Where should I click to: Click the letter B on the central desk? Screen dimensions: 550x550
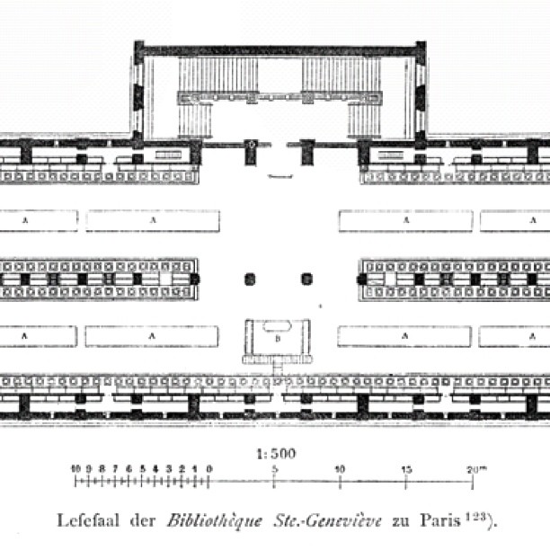[x=278, y=339]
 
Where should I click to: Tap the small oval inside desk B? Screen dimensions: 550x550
[x=277, y=326]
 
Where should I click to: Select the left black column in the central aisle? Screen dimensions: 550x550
[x=250, y=279]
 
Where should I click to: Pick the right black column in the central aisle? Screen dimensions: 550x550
[x=307, y=279]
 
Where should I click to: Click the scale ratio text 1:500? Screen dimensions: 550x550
[x=277, y=454]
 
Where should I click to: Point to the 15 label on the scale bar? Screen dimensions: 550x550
[x=406, y=469]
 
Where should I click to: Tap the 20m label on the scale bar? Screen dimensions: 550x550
[x=476, y=469]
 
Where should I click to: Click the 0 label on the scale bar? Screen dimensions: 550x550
[x=209, y=469]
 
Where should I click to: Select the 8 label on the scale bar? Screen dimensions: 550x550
[x=102, y=468]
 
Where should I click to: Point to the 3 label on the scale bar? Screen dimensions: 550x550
[x=169, y=468]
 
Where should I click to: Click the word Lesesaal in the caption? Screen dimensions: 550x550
[x=88, y=520]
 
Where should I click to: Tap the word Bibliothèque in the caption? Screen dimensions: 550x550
[x=215, y=521]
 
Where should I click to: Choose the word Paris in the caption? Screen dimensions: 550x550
[x=440, y=520]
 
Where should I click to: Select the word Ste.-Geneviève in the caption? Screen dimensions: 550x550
[x=328, y=521]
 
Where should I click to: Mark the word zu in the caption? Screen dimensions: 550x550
[x=401, y=522]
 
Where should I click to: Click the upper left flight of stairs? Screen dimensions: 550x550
[x=218, y=75]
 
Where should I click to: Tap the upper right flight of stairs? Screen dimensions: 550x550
[x=342, y=75]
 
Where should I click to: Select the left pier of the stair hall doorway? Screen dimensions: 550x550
[x=251, y=152]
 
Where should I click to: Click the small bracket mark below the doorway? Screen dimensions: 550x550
[x=280, y=176]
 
